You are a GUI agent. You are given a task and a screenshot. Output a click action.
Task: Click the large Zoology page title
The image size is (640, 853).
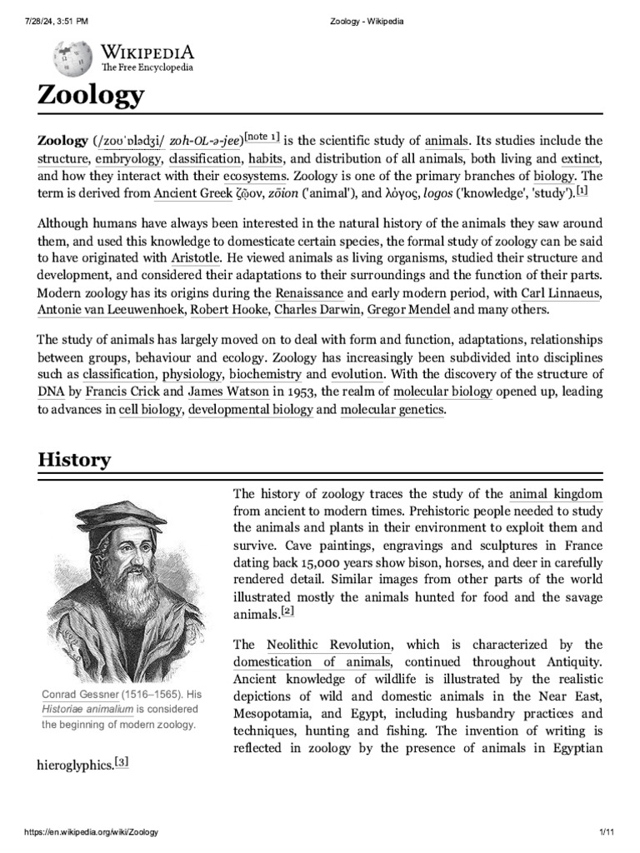tap(91, 95)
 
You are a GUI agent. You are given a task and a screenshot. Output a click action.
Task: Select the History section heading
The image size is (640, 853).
tap(73, 459)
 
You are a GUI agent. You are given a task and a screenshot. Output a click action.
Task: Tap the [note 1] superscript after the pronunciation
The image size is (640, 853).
tap(262, 137)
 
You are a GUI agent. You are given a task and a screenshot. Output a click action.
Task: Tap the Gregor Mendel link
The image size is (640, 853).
tap(410, 310)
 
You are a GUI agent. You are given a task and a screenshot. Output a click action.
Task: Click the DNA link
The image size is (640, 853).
tap(50, 391)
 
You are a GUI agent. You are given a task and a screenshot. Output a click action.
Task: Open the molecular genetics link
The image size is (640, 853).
tap(392, 409)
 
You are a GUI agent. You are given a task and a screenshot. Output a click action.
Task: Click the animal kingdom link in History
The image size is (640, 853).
tap(555, 494)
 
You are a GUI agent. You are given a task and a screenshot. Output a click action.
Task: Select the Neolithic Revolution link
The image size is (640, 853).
tap(328, 644)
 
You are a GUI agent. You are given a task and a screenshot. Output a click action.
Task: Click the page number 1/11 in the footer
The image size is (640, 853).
tap(606, 832)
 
